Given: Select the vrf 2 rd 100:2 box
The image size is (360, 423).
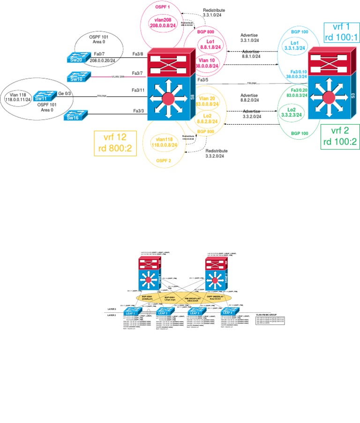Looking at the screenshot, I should tap(340, 136).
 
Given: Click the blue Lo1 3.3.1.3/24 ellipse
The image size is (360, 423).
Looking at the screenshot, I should tap(294, 45).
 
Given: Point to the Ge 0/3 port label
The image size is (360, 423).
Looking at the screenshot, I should tap(64, 93).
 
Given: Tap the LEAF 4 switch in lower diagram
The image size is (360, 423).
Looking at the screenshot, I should tap(227, 312).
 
